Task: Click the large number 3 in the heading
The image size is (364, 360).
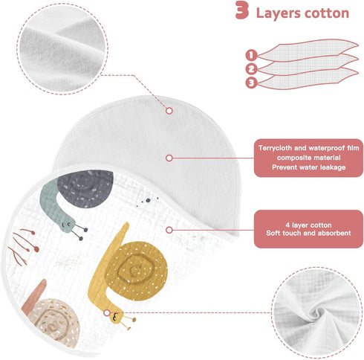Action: (241, 10)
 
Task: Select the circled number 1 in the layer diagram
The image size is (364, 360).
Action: (251, 55)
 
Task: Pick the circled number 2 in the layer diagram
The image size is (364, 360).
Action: (251, 69)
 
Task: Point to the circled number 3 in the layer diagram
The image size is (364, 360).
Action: (251, 83)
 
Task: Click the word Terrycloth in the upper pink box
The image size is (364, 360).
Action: (275, 148)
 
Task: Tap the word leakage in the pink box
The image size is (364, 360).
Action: (333, 167)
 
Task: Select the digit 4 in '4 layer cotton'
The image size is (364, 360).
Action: (287, 225)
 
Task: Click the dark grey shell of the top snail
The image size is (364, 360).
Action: (86, 188)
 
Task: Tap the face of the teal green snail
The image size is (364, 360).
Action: (66, 225)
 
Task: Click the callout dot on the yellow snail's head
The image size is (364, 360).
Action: (107, 313)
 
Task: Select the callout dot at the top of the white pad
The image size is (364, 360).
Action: (169, 111)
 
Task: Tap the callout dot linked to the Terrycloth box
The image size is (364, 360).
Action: (169, 158)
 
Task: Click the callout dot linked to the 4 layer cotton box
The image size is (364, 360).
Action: (169, 230)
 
